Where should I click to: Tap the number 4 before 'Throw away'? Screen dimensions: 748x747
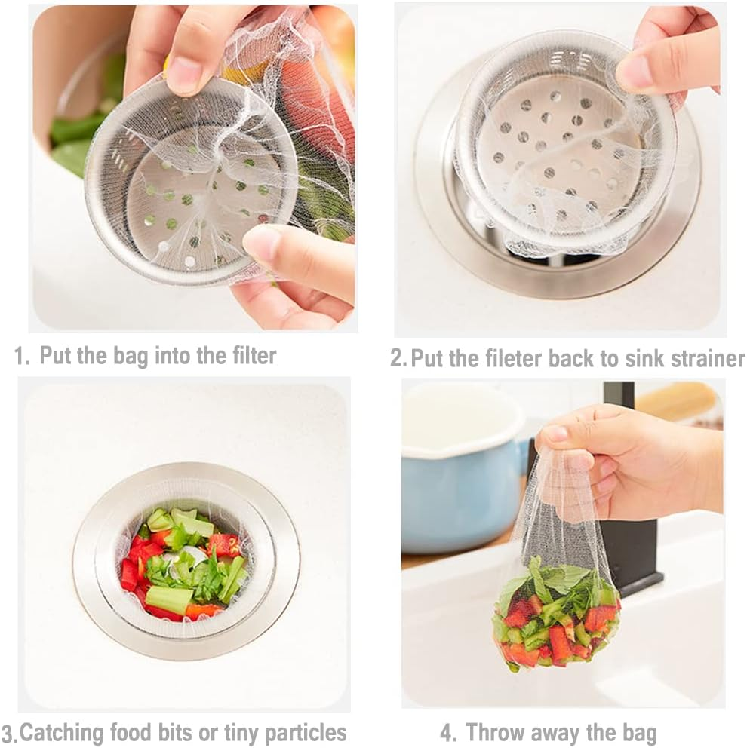[447, 732]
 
